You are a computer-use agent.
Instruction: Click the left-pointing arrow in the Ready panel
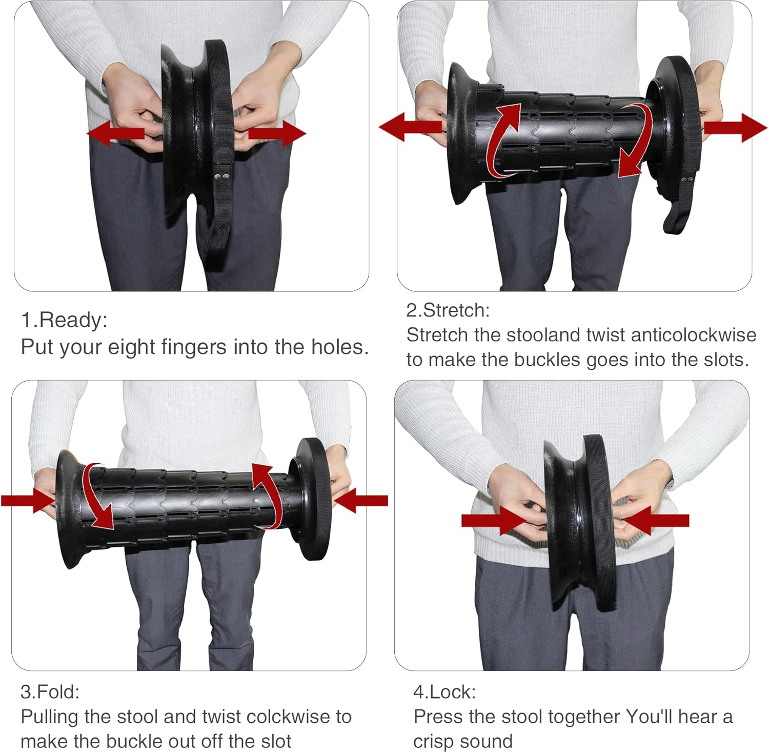coord(115,133)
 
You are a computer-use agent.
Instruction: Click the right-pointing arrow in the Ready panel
coord(277,133)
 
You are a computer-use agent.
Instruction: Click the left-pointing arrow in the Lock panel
coord(656,520)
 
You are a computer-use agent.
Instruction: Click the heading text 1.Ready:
coord(64,320)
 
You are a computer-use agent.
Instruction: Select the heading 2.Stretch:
coord(448,310)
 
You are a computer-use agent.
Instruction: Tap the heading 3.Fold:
coord(50,692)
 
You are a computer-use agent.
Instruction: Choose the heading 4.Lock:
coord(444,692)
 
